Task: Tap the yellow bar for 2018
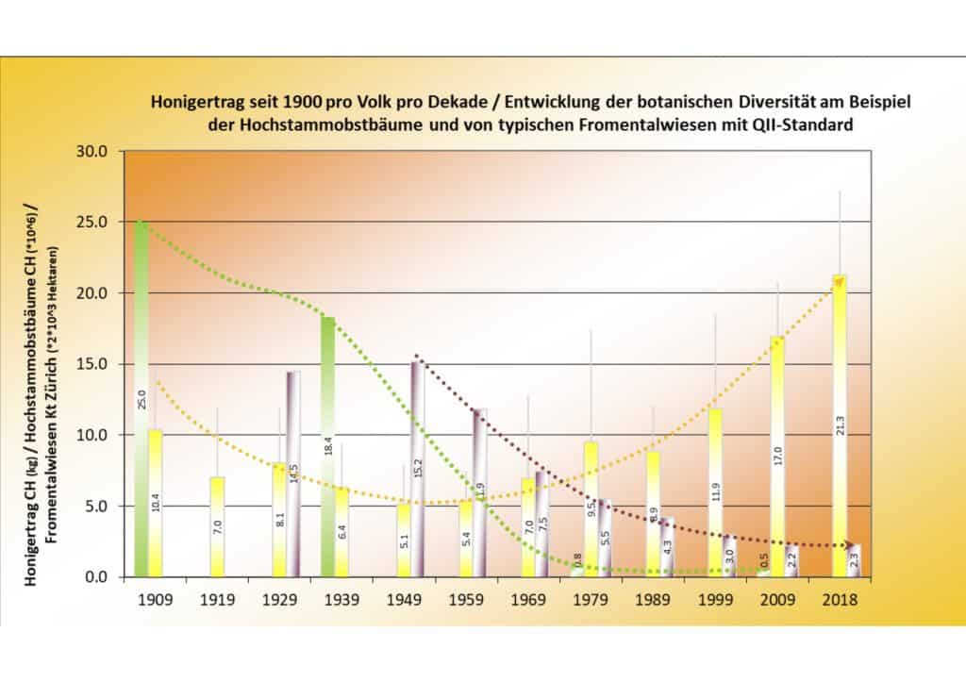839,424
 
